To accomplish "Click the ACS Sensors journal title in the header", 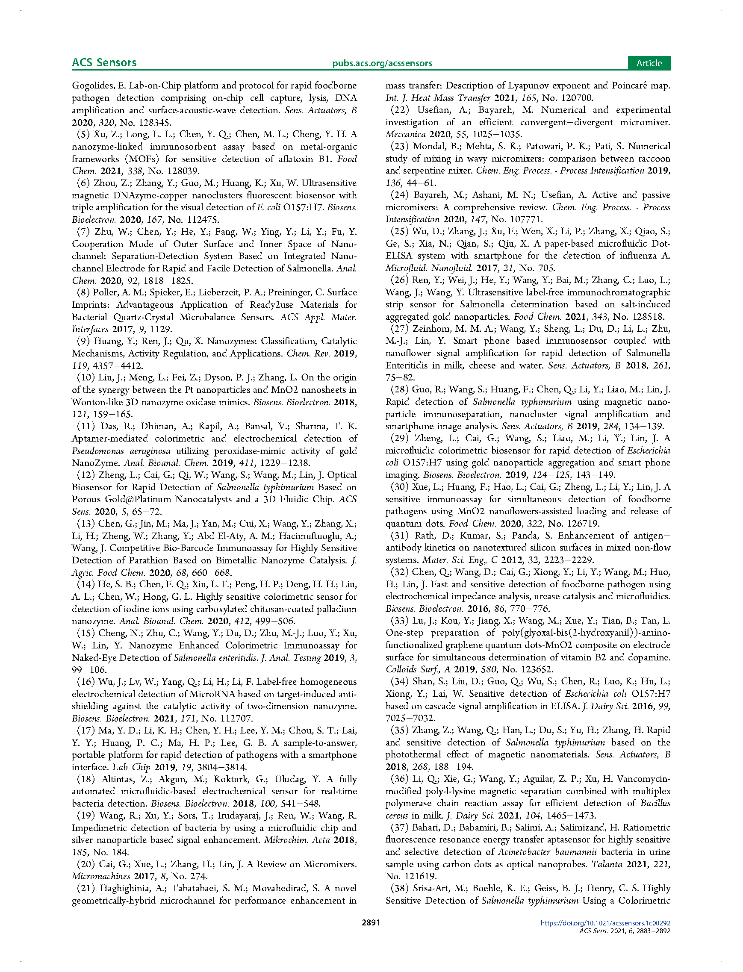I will pos(104,62).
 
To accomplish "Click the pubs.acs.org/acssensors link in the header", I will pos(382,63).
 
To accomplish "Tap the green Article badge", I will pos(649,63).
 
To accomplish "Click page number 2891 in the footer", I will pos(371,922).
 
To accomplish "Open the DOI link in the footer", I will pos(605,923).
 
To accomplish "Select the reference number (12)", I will pos(86,475).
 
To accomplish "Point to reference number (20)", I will pos(86,864).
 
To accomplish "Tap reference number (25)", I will pos(399,231).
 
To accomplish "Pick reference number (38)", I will pos(399,888).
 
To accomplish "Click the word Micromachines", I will pos(101,876).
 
